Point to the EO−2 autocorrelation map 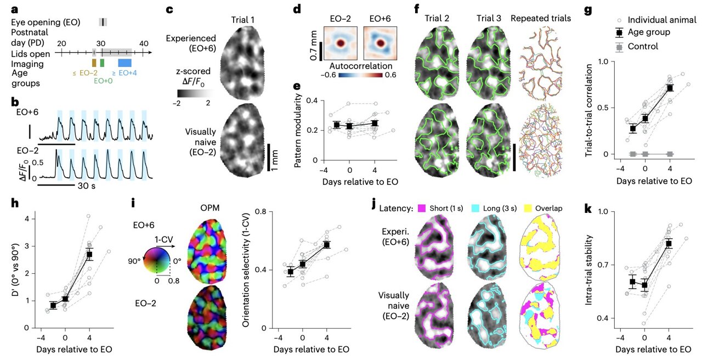pos(341,43)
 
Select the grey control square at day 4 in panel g pos(669,154)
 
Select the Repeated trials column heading pos(540,18)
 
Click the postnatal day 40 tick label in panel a pos(143,43)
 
